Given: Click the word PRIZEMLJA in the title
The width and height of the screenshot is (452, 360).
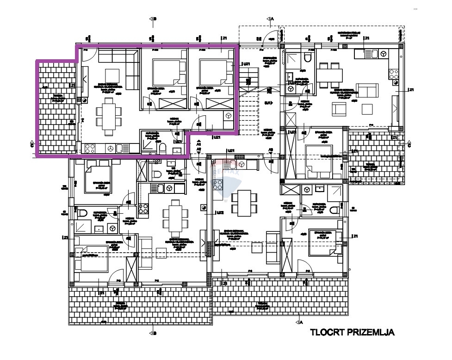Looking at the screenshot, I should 371,332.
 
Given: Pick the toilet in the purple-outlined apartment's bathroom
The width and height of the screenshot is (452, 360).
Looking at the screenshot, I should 162,148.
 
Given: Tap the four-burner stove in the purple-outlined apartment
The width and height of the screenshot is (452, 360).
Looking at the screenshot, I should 90,149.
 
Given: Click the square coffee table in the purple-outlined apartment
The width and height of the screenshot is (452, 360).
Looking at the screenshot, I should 112,75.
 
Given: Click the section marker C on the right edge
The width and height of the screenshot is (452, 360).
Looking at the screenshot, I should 409,144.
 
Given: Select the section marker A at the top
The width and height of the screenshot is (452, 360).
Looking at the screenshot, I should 270,19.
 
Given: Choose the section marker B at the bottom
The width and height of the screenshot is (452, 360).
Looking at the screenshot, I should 153,333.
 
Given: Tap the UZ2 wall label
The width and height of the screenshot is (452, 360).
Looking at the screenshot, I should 220,213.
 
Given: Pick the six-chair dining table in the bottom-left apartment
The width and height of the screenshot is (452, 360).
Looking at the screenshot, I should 174,214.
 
